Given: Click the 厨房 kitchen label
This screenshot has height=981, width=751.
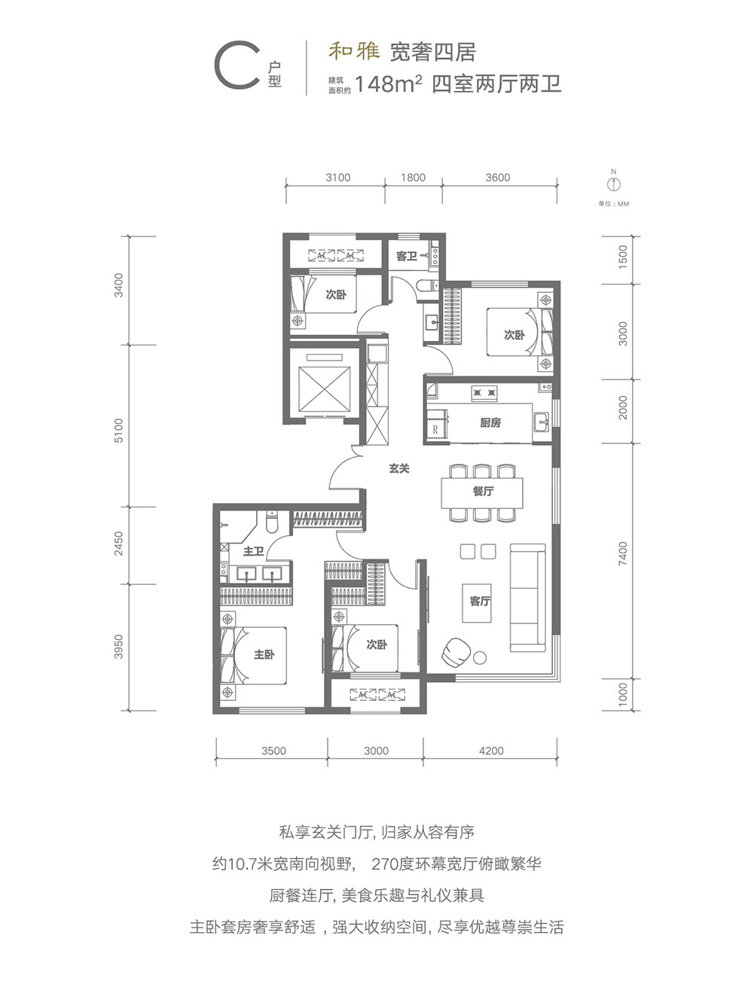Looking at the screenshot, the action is click(490, 422).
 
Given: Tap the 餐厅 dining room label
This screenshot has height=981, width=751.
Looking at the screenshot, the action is click(483, 491).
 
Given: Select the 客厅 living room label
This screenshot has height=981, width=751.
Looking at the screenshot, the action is click(480, 601).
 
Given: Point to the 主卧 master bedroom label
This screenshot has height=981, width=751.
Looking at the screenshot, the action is click(264, 655).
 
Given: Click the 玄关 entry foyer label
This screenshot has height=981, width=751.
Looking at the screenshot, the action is click(398, 468).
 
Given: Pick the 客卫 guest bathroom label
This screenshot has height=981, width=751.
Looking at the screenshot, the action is click(406, 256).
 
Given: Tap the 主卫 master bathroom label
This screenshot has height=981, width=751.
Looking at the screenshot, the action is click(253, 551).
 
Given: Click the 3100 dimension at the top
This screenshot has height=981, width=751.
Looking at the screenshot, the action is click(338, 178).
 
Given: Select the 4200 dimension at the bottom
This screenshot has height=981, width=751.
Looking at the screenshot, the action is click(491, 751).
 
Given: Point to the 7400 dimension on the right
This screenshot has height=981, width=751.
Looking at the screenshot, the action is click(623, 553).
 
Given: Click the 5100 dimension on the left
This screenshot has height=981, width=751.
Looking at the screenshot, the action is click(118, 431).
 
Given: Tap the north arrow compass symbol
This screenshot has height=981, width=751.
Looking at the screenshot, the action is click(614, 183).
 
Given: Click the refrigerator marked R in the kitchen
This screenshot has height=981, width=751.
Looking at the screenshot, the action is click(436, 430).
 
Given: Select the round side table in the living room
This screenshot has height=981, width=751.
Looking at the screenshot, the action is click(480, 657).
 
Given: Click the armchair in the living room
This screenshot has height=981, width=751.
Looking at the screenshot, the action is click(456, 651).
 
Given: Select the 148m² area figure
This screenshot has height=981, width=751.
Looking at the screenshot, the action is click(389, 84).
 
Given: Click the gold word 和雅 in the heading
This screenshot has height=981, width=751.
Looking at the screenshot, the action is click(354, 52).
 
